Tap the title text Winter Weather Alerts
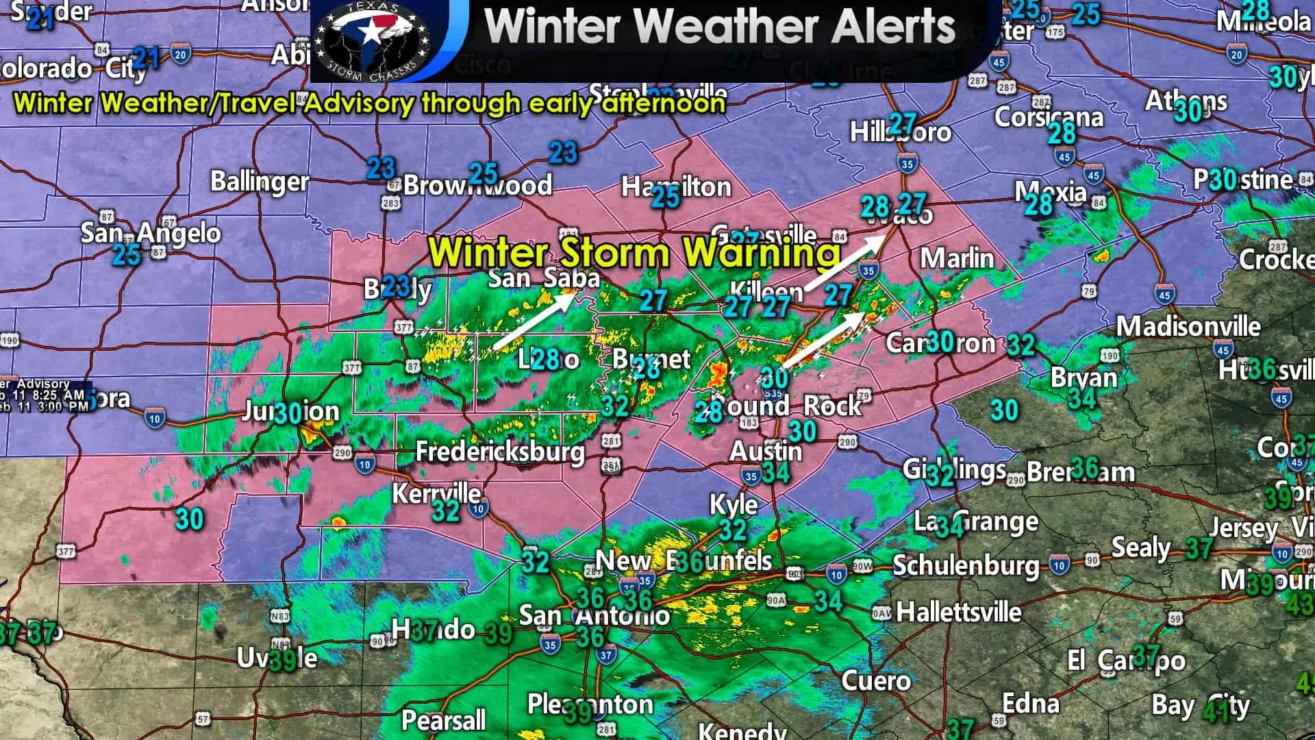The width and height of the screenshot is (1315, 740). [719, 27]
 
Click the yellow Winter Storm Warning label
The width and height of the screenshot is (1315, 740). [634, 251]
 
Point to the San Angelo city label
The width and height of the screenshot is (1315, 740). [151, 234]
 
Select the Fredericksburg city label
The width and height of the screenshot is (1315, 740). [500, 452]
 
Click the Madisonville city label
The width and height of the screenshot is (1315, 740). [1188, 326]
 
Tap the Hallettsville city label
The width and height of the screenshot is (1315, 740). [959, 612]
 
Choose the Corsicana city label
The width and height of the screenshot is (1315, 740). [1049, 116]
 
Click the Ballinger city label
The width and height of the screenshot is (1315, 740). [259, 182]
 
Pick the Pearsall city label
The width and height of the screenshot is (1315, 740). [443, 720]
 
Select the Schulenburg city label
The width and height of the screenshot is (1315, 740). [966, 566]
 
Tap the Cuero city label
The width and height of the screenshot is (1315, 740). [875, 680]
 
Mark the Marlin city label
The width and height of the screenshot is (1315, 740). [956, 258]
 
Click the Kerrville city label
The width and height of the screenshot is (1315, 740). [436, 493]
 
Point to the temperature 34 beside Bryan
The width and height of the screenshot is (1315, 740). [1082, 398]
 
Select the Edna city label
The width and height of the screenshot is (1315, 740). [1030, 704]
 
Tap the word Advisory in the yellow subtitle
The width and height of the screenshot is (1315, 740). [359, 103]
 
